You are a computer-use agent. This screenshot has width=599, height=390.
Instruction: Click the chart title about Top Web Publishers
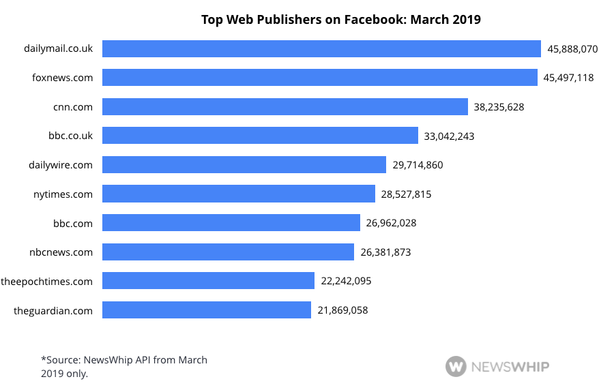coord(340,20)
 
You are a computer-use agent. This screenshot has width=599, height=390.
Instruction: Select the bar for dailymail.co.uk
coord(321,48)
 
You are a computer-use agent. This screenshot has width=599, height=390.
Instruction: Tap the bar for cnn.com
coord(285,106)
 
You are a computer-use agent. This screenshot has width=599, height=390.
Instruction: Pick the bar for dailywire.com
coord(244,164)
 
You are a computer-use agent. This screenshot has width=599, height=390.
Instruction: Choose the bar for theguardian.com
coord(207,310)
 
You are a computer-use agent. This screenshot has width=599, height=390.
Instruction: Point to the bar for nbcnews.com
coord(228,252)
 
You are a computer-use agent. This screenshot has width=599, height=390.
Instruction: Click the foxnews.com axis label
coord(62,78)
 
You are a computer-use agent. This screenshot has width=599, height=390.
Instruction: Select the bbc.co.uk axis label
coord(70,136)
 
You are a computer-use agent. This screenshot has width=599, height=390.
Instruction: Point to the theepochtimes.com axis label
coord(46,281)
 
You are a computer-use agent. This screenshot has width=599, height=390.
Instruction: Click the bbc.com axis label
coord(72,223)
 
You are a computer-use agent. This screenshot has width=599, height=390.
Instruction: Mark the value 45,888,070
coord(572,49)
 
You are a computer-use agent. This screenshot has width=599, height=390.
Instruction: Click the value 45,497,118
coord(568,78)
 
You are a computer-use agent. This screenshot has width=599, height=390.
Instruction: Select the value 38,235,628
coord(499,107)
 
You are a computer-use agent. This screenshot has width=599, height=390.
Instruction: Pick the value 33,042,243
coord(449,136)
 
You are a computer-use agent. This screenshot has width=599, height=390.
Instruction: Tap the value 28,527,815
coord(406,194)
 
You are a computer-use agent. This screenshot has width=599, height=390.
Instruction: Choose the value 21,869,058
coord(342,310)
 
